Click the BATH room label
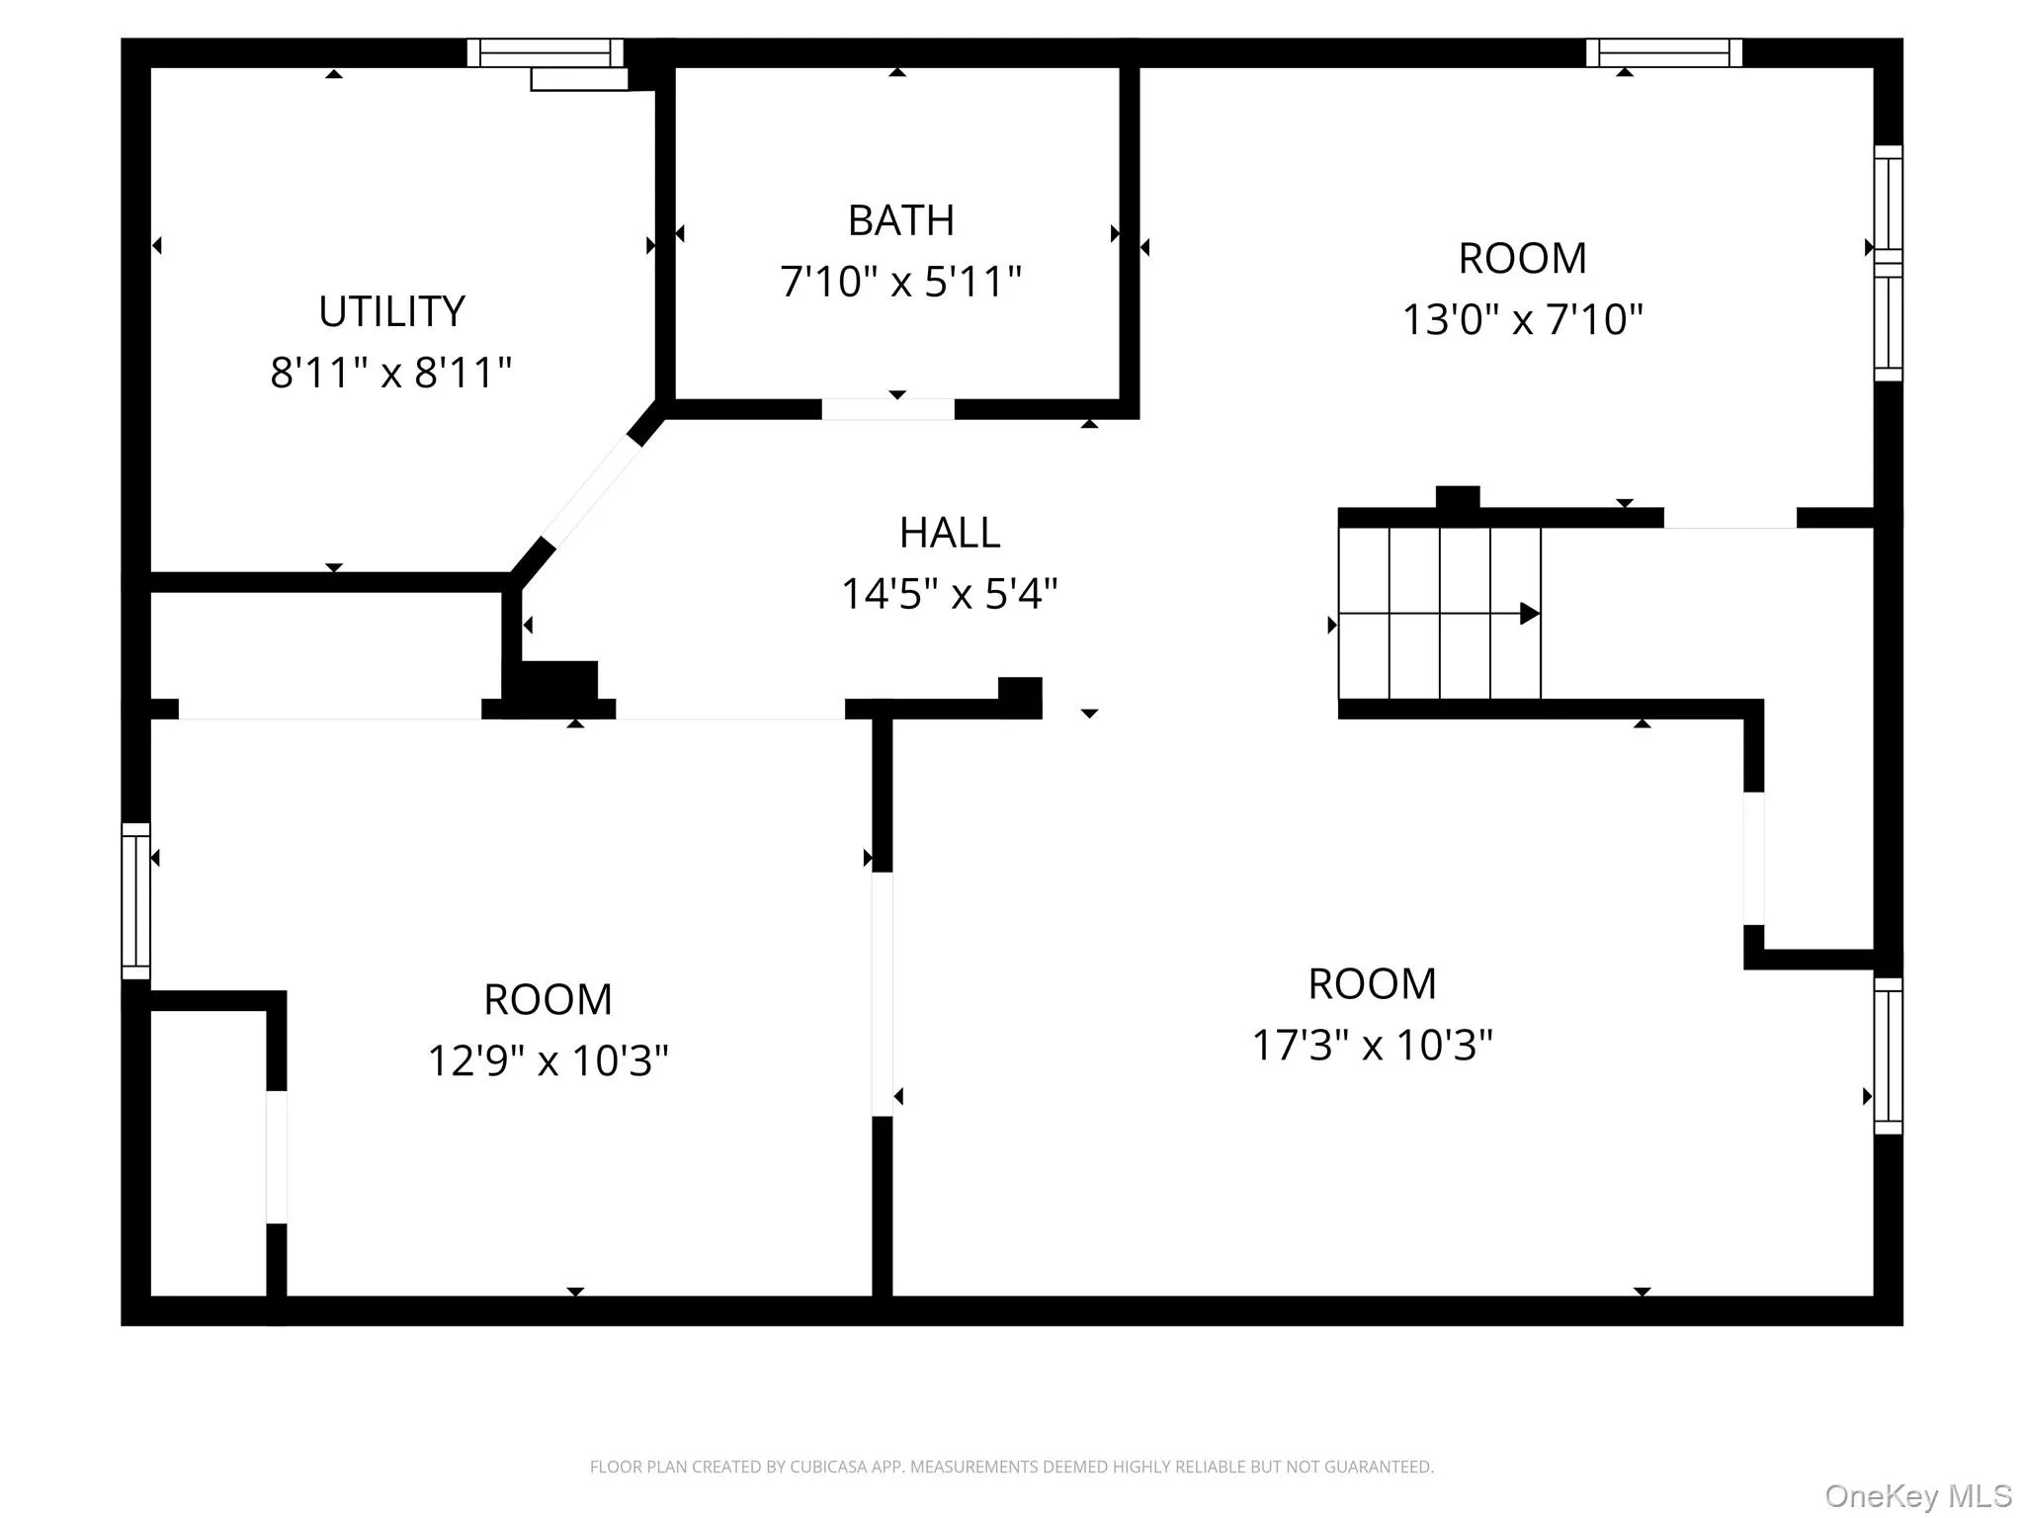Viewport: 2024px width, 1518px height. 900,220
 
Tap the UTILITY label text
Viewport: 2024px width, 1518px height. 391,312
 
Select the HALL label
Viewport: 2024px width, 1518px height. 949,534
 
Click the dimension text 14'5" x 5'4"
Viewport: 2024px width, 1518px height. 949,594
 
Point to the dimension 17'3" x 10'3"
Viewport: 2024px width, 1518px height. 1372,1045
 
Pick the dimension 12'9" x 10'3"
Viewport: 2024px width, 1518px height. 548,1060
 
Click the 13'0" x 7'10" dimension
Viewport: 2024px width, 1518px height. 1522,319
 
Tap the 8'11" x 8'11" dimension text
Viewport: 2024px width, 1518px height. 390,373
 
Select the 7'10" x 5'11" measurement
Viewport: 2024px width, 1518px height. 900,282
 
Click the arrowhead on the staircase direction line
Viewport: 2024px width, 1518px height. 1529,614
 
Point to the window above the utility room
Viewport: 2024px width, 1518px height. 545,52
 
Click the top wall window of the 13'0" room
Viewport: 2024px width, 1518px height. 1663,52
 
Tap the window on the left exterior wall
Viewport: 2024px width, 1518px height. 135,900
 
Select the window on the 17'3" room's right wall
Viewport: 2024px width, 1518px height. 1888,1055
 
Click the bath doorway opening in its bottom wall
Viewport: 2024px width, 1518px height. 887,409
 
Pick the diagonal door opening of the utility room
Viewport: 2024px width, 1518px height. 591,491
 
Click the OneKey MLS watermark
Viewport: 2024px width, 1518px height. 1917,1496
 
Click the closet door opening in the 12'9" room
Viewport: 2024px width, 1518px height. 277,1156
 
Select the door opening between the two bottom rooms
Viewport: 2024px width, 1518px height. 882,993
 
